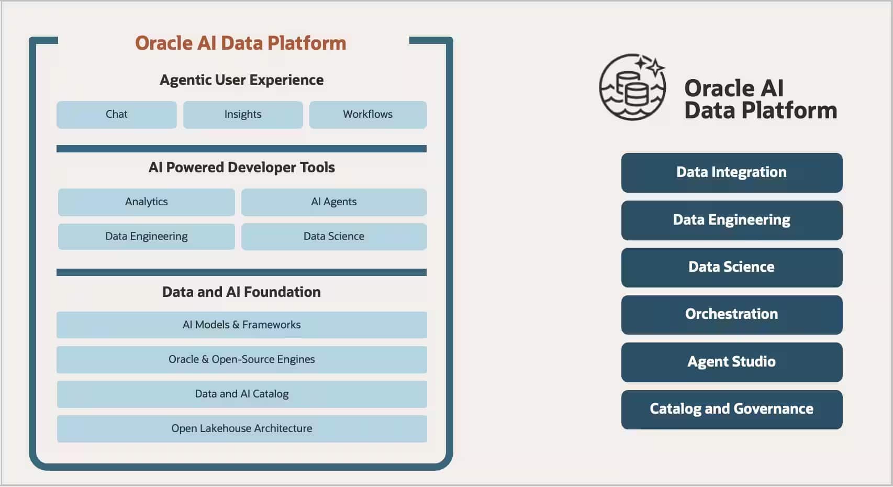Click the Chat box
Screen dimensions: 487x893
pos(116,115)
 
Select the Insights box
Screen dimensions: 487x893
pos(243,115)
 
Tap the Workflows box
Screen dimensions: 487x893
pos(368,115)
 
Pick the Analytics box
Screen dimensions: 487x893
pos(147,202)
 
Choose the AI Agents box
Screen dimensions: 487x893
pos(334,202)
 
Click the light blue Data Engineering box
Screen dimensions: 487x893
pos(147,237)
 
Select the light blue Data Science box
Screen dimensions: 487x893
pos(334,237)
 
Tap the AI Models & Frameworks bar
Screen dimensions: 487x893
pos(242,325)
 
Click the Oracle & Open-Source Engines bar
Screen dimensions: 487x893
pos(242,359)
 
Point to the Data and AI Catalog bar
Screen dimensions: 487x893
pos(242,394)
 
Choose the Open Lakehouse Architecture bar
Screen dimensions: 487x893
pos(242,428)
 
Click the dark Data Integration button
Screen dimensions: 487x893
pos(732,172)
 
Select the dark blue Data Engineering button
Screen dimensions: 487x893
pos(732,220)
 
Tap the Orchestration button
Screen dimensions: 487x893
pos(732,314)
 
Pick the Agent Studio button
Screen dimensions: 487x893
pos(732,362)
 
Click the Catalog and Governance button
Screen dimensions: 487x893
pos(732,409)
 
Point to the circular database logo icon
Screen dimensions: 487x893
pos(632,87)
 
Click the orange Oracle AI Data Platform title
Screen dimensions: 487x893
pos(241,43)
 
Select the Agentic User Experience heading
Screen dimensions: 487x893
pos(241,80)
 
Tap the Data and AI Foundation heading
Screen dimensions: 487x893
pos(241,292)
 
